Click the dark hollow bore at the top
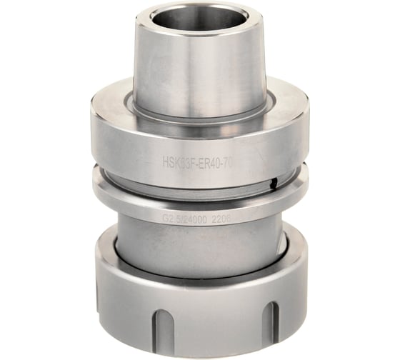(x=201, y=19)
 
